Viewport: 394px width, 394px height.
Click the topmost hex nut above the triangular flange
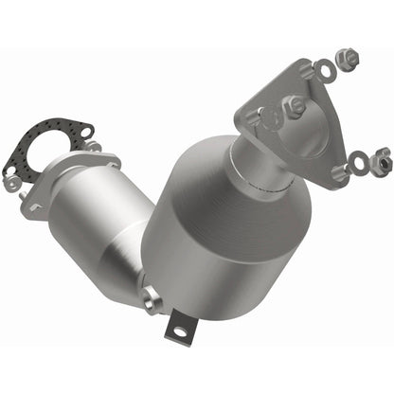pos(349,60)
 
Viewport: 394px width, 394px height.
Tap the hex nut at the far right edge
pos(381,155)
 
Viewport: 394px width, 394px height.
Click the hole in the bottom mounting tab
pos(177,331)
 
